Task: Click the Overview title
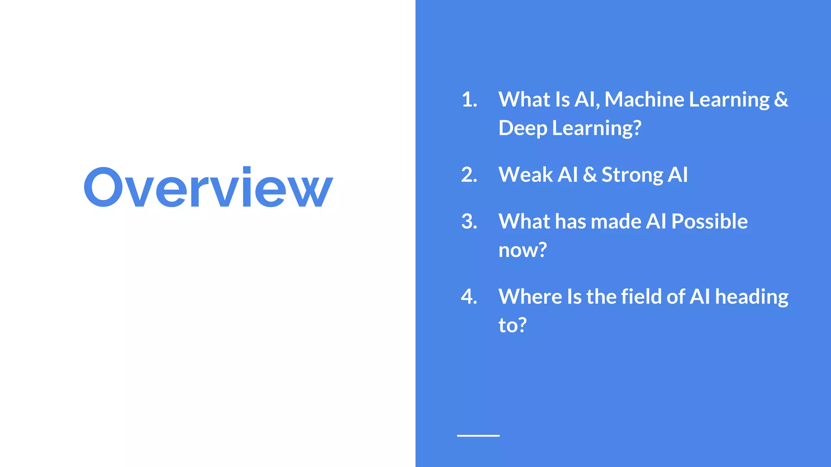click(x=208, y=188)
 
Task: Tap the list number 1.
click(x=469, y=100)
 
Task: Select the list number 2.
click(x=469, y=175)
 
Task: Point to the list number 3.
click(x=469, y=222)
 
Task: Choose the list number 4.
click(x=469, y=297)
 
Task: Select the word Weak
click(x=525, y=175)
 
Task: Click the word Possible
click(x=709, y=222)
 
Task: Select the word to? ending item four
click(x=512, y=326)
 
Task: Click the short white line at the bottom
click(x=478, y=435)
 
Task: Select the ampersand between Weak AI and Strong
click(x=590, y=175)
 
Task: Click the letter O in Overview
click(x=103, y=188)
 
